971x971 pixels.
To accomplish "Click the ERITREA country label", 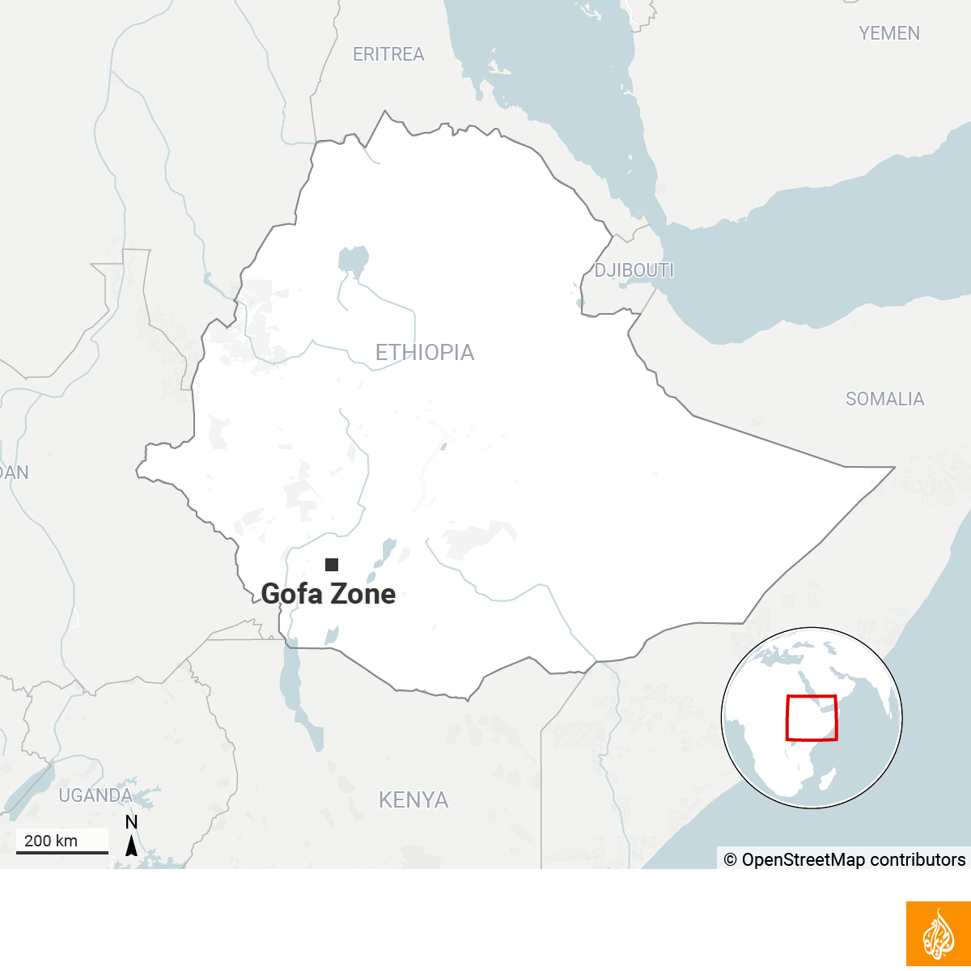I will click(x=388, y=54).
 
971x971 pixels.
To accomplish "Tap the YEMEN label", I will click(x=889, y=33).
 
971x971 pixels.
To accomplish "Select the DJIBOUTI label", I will click(x=634, y=270).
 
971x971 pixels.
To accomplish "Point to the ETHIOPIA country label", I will click(x=425, y=352).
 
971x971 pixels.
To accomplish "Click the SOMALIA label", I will click(x=884, y=399).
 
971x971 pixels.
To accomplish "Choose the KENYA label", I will click(x=413, y=800).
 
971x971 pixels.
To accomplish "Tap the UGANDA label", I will click(x=95, y=795).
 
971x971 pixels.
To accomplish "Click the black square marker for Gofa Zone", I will click(x=332, y=565).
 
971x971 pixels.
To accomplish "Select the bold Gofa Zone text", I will click(x=329, y=594).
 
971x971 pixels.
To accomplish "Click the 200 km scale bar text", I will click(x=51, y=841).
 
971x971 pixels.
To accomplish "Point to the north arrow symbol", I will click(x=131, y=846).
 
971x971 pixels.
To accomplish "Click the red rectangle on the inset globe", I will click(x=812, y=718).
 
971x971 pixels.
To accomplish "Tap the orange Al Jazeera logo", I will click(x=939, y=934).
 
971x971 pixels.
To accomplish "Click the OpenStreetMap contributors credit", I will click(x=853, y=859).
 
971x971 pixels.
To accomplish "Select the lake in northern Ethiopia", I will click(x=353, y=261).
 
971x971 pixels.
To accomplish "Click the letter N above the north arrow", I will click(x=131, y=823).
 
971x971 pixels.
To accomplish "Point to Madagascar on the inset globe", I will click(x=827, y=780).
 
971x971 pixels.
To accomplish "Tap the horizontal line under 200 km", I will click(x=62, y=852).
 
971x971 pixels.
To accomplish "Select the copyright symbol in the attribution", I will click(x=730, y=860).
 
